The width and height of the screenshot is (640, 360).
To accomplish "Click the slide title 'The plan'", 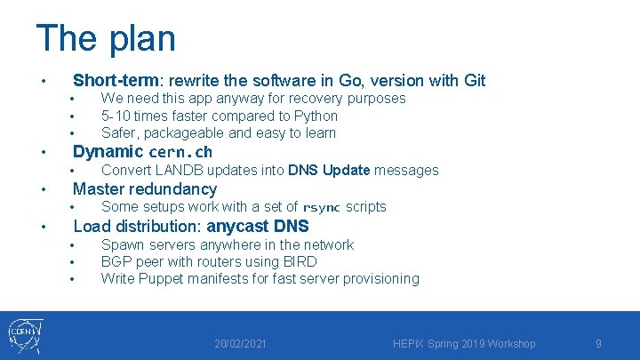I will [106, 38].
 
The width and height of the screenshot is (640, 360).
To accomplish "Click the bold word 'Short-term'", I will [116, 81].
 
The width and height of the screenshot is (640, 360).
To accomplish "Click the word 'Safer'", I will [119, 133].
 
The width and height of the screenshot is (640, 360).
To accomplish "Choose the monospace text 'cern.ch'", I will [180, 152].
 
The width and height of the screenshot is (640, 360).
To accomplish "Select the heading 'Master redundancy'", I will [144, 188].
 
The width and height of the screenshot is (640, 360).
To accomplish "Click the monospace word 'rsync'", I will [322, 207].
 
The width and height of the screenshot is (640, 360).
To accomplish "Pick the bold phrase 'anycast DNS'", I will [258, 226].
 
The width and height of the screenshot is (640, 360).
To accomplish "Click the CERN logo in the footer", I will [27, 335].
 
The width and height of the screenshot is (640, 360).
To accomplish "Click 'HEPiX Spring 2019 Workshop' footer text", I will [463, 344].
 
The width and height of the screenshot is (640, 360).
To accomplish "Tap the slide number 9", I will [598, 344].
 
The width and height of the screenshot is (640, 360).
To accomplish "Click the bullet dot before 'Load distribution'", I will [44, 226].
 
